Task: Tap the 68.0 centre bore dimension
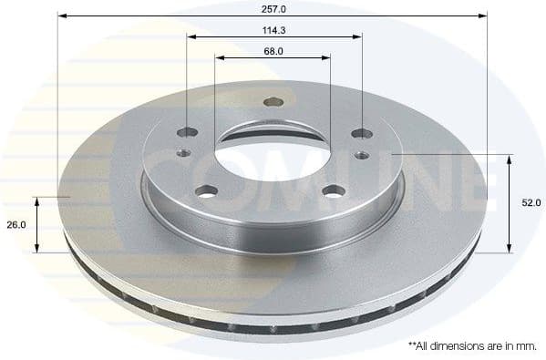273,51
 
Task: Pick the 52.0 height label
532,203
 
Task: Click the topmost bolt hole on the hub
270,102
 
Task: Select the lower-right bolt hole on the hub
334,190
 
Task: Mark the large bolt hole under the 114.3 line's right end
357,133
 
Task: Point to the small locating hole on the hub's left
183,153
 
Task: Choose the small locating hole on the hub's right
362,155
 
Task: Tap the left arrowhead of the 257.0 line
61,15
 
